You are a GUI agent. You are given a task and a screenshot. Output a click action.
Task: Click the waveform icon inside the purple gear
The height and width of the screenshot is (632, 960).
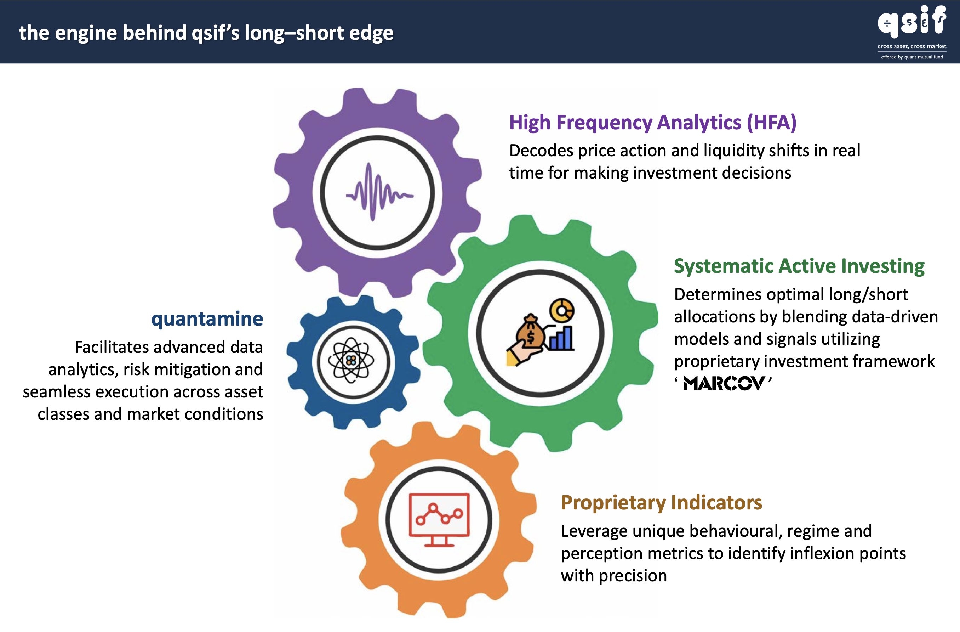tap(379, 192)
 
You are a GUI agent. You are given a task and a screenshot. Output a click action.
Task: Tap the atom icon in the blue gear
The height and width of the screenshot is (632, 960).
tap(351, 360)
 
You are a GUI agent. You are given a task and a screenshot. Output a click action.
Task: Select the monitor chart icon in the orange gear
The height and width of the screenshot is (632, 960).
tap(439, 519)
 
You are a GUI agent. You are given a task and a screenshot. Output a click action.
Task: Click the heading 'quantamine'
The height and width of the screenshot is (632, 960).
tap(207, 319)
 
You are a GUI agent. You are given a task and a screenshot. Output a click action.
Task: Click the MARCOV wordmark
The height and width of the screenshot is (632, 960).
tap(724, 383)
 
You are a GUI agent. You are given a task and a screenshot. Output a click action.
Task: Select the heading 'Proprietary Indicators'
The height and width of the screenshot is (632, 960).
tap(661, 503)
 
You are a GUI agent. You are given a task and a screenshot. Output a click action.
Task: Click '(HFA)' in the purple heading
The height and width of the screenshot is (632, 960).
tap(771, 122)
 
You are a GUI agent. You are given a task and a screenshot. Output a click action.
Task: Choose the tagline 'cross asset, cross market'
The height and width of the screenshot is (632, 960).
tap(912, 46)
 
